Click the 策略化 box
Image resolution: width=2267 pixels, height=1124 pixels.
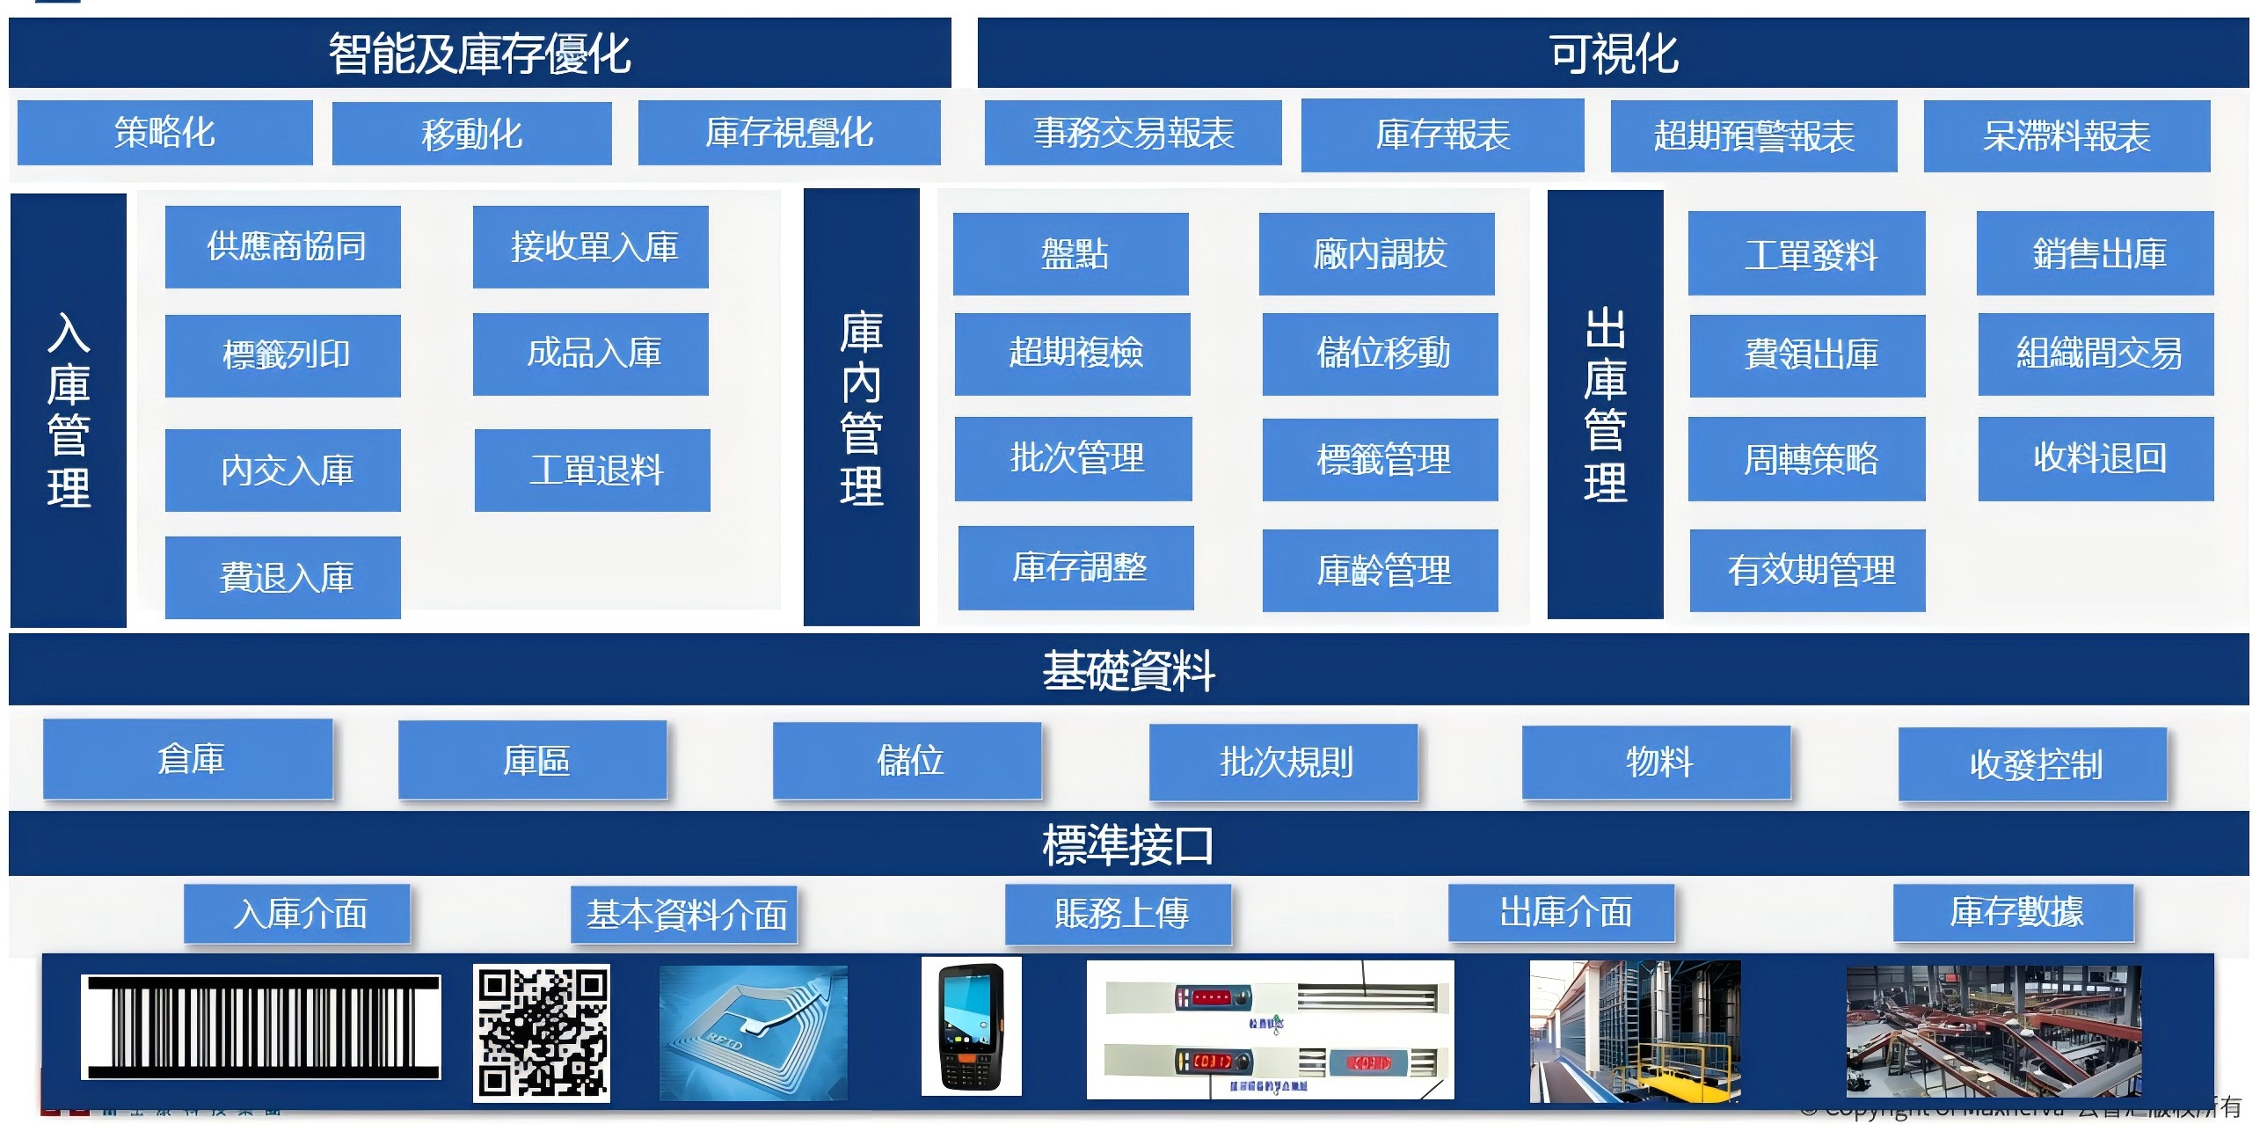[x=164, y=133]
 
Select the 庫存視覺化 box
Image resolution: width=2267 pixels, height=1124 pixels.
[x=789, y=133]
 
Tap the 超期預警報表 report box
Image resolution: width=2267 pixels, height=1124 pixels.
[x=1753, y=136]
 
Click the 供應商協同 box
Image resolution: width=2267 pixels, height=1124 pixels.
[x=282, y=246]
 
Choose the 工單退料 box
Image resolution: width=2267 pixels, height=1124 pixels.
[x=593, y=470]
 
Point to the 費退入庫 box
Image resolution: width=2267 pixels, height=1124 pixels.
[x=282, y=578]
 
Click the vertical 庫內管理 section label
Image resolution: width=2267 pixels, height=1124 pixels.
[x=861, y=406]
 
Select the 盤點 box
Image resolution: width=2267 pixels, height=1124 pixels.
[x=1070, y=253]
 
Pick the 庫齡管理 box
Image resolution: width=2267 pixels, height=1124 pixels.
[x=1380, y=571]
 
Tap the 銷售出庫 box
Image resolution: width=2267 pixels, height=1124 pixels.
[x=2095, y=253]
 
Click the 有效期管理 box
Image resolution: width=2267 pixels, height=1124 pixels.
[x=1807, y=571]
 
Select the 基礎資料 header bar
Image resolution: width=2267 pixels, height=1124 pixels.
[x=1128, y=670]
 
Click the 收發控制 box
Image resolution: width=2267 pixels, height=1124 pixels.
[x=2032, y=764]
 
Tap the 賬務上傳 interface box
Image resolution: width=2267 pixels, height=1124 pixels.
[x=1118, y=914]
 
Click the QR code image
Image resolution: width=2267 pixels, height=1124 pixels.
[x=541, y=1033]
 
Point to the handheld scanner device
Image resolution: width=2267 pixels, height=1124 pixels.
[x=971, y=1026]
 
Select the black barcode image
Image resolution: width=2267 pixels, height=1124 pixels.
[x=260, y=1026]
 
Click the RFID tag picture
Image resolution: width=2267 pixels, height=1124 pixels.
[x=753, y=1033]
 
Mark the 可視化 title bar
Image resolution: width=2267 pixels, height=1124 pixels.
[x=1612, y=53]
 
